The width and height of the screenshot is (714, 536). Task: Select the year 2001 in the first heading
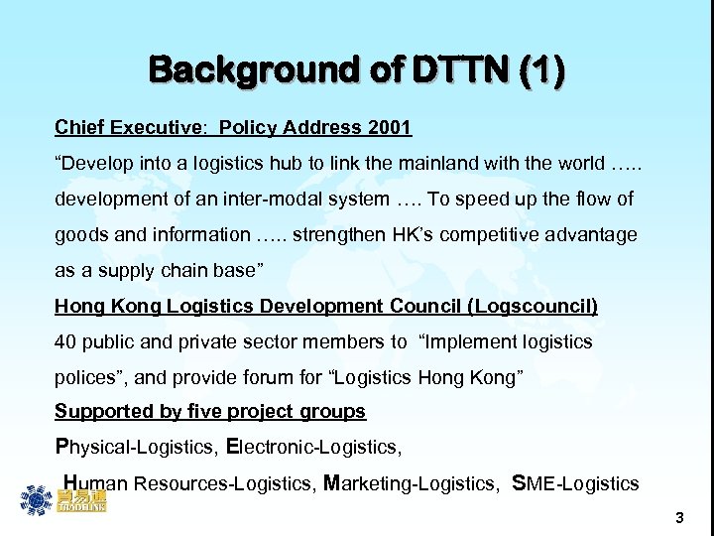[390, 127]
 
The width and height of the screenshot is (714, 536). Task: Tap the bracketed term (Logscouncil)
[536, 306]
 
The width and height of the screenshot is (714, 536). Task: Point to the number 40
[65, 341]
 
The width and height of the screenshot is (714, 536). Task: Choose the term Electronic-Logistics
[314, 448]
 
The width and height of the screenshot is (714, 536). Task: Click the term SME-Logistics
[576, 483]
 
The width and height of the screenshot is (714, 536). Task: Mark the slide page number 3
[679, 517]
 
